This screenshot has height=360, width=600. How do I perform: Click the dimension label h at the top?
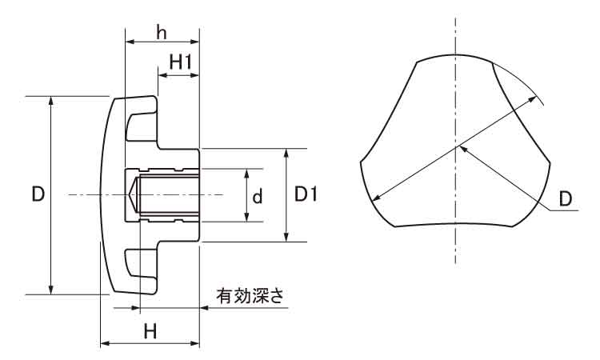(x=162, y=32)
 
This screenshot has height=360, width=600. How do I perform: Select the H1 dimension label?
(x=180, y=60)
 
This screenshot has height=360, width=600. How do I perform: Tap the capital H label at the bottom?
(x=149, y=330)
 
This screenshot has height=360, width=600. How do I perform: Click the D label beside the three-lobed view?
(x=566, y=198)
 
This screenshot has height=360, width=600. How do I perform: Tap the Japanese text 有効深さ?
(x=250, y=295)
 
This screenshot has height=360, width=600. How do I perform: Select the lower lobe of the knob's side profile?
(x=142, y=270)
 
